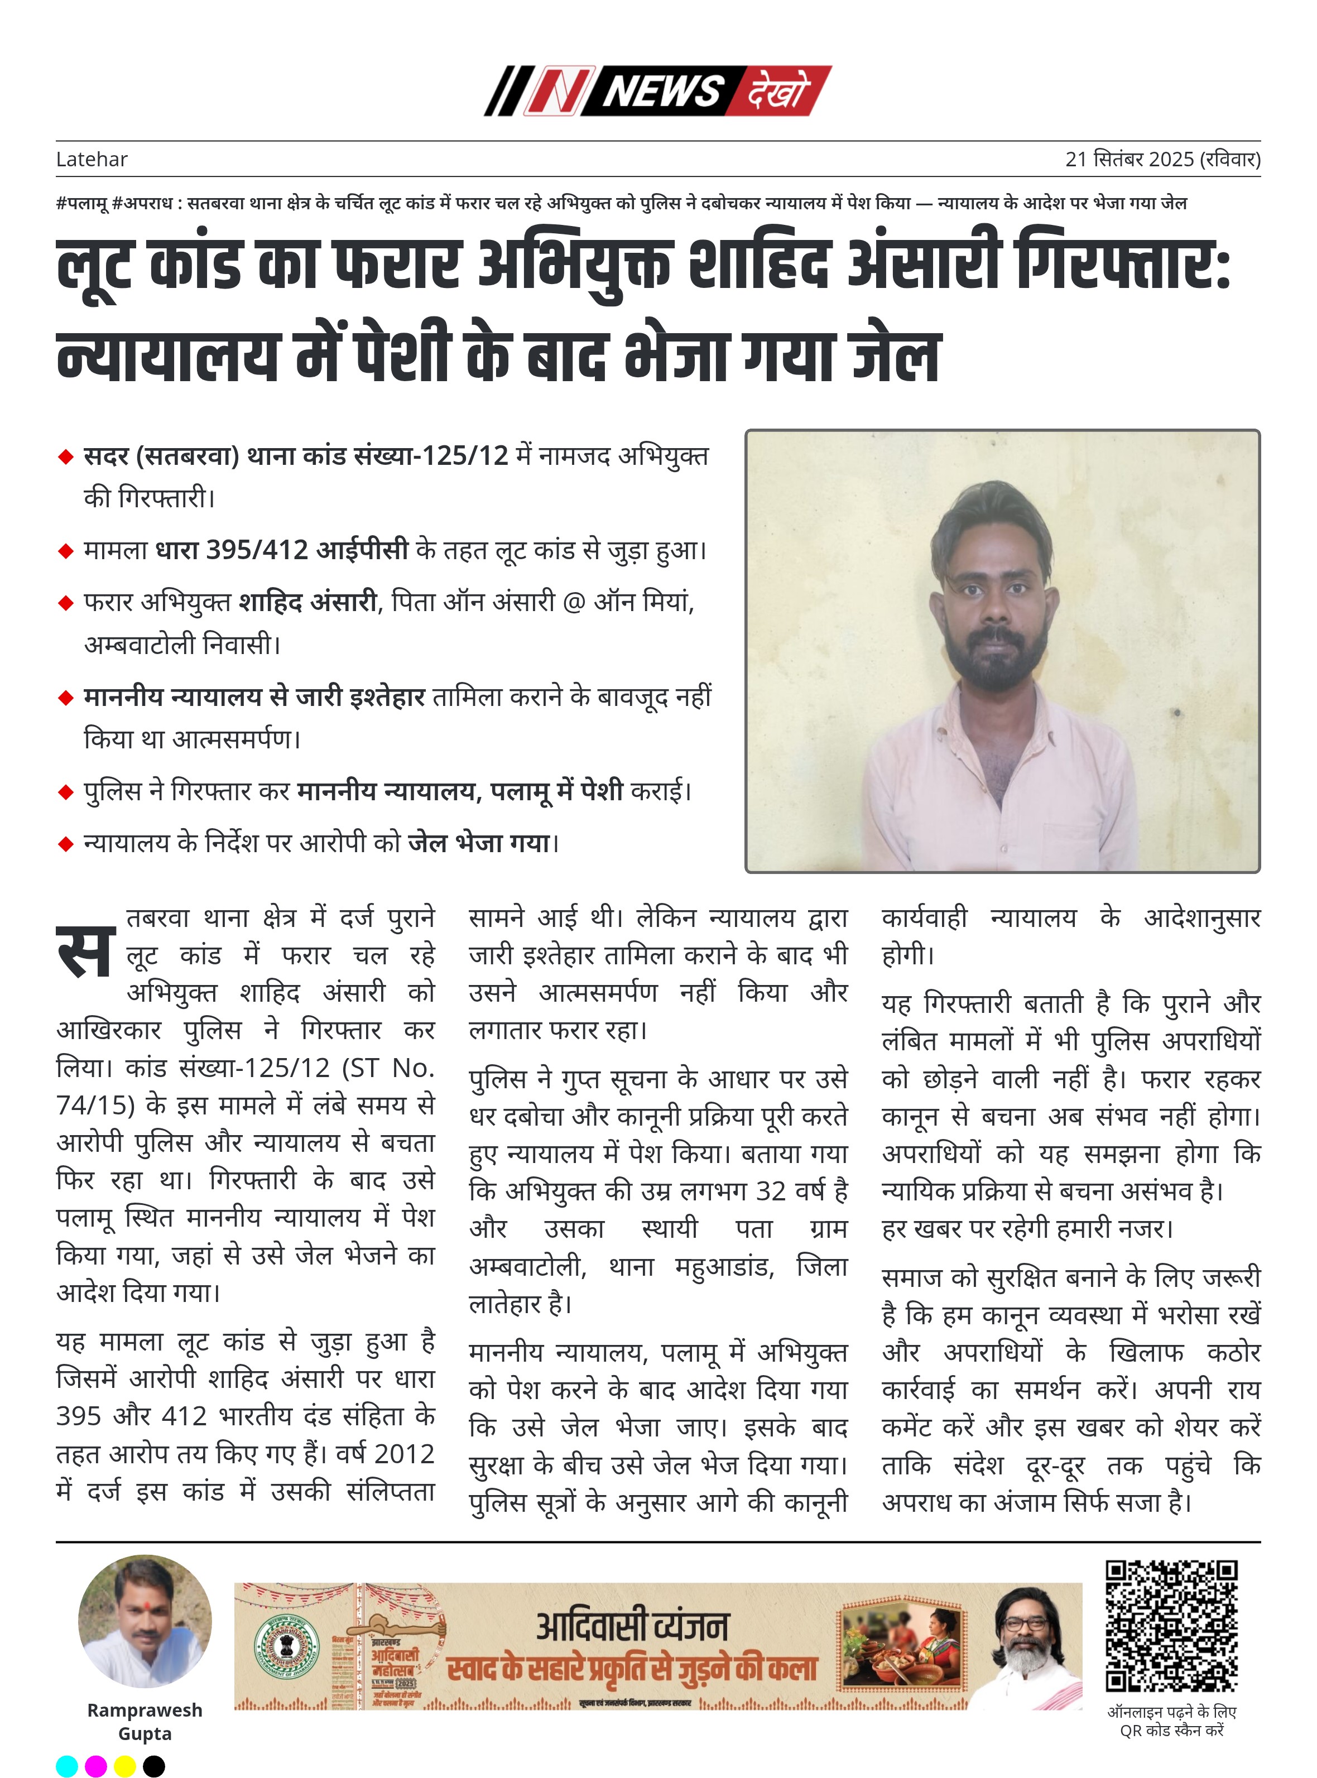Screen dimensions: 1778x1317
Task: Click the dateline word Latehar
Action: [x=92, y=160]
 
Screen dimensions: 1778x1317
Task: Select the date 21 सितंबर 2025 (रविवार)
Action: [x=1162, y=160]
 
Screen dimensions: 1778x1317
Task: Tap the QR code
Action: [x=1171, y=1627]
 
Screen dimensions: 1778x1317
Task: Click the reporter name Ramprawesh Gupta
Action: [x=145, y=1722]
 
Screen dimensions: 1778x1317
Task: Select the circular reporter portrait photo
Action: [x=145, y=1622]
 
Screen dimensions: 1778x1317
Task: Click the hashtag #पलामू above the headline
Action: [x=82, y=203]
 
